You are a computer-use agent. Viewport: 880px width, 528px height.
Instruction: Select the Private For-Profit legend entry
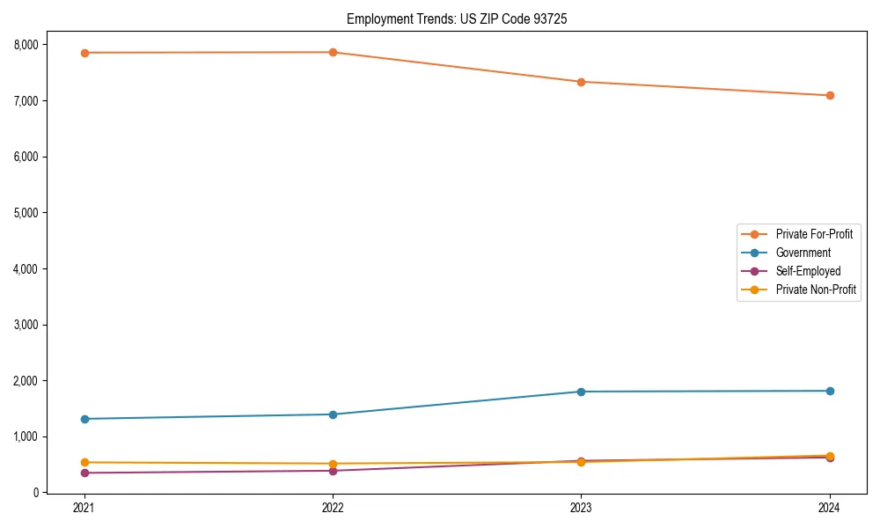coord(814,234)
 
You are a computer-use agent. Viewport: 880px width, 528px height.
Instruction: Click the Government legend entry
coord(803,253)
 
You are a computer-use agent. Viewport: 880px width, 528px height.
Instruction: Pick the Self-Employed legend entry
coord(808,271)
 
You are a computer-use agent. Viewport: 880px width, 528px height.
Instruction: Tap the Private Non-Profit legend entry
coord(816,290)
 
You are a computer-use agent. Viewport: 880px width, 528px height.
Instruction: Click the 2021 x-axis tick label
coord(84,508)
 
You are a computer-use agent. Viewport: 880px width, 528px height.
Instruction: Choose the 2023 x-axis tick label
coord(581,508)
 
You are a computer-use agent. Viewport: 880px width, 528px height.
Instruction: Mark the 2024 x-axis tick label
coord(830,508)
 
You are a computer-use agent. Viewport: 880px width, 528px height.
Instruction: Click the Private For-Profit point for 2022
coord(333,52)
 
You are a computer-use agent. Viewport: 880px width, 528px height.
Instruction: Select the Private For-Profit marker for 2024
coord(830,95)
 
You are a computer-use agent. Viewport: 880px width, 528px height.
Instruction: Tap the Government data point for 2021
coord(84,419)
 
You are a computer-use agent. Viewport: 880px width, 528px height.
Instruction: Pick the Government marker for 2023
coord(581,392)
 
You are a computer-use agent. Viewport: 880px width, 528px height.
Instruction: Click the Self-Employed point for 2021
coord(84,473)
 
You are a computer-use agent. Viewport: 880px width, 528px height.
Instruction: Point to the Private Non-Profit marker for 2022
coord(333,464)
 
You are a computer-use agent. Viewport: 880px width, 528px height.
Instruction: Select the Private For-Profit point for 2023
coord(581,82)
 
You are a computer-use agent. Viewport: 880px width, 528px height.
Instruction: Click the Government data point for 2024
coord(830,391)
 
